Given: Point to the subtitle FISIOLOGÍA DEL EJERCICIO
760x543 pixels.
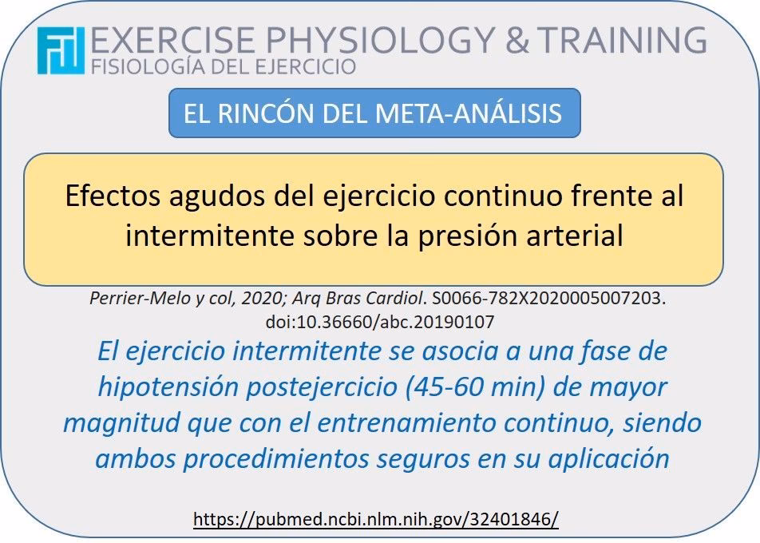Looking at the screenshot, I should tap(224, 66).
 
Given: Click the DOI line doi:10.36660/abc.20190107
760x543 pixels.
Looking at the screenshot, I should tap(379, 322).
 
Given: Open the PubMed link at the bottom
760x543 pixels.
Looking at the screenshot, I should tap(376, 519).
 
